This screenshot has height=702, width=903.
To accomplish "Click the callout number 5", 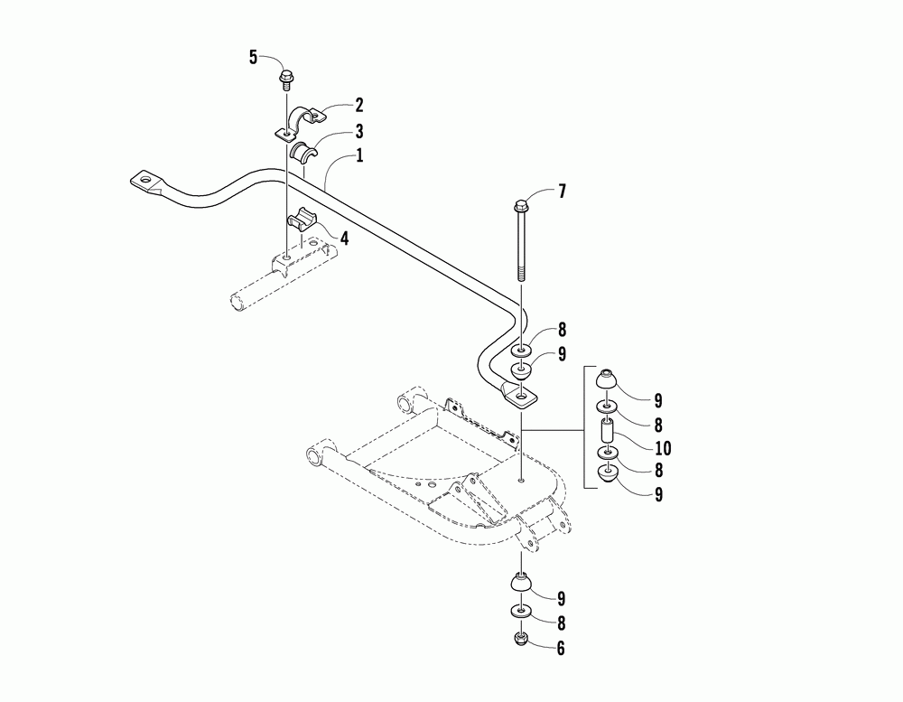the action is click(254, 58).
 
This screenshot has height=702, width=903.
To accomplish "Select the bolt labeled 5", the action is click(287, 79).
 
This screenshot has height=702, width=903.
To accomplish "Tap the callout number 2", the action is click(334, 105).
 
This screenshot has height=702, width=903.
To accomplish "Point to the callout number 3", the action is click(334, 130).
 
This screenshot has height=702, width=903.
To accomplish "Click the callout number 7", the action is click(562, 192).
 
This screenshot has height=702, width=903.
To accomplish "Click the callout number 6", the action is click(562, 647).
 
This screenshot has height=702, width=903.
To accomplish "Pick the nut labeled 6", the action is click(521, 640).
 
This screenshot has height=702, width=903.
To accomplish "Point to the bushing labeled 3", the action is click(303, 151).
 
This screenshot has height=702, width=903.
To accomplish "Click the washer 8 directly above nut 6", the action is click(521, 613).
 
